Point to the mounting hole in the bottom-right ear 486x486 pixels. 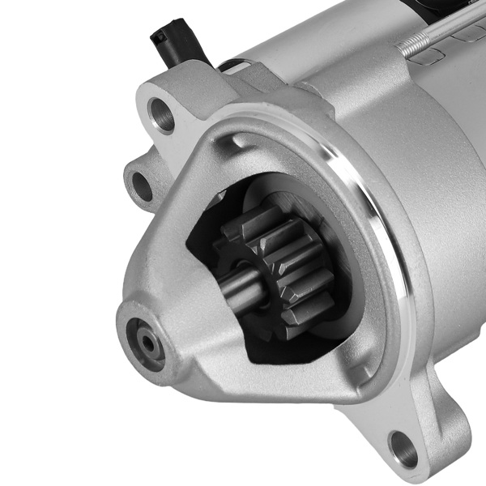click(x=403, y=446)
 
